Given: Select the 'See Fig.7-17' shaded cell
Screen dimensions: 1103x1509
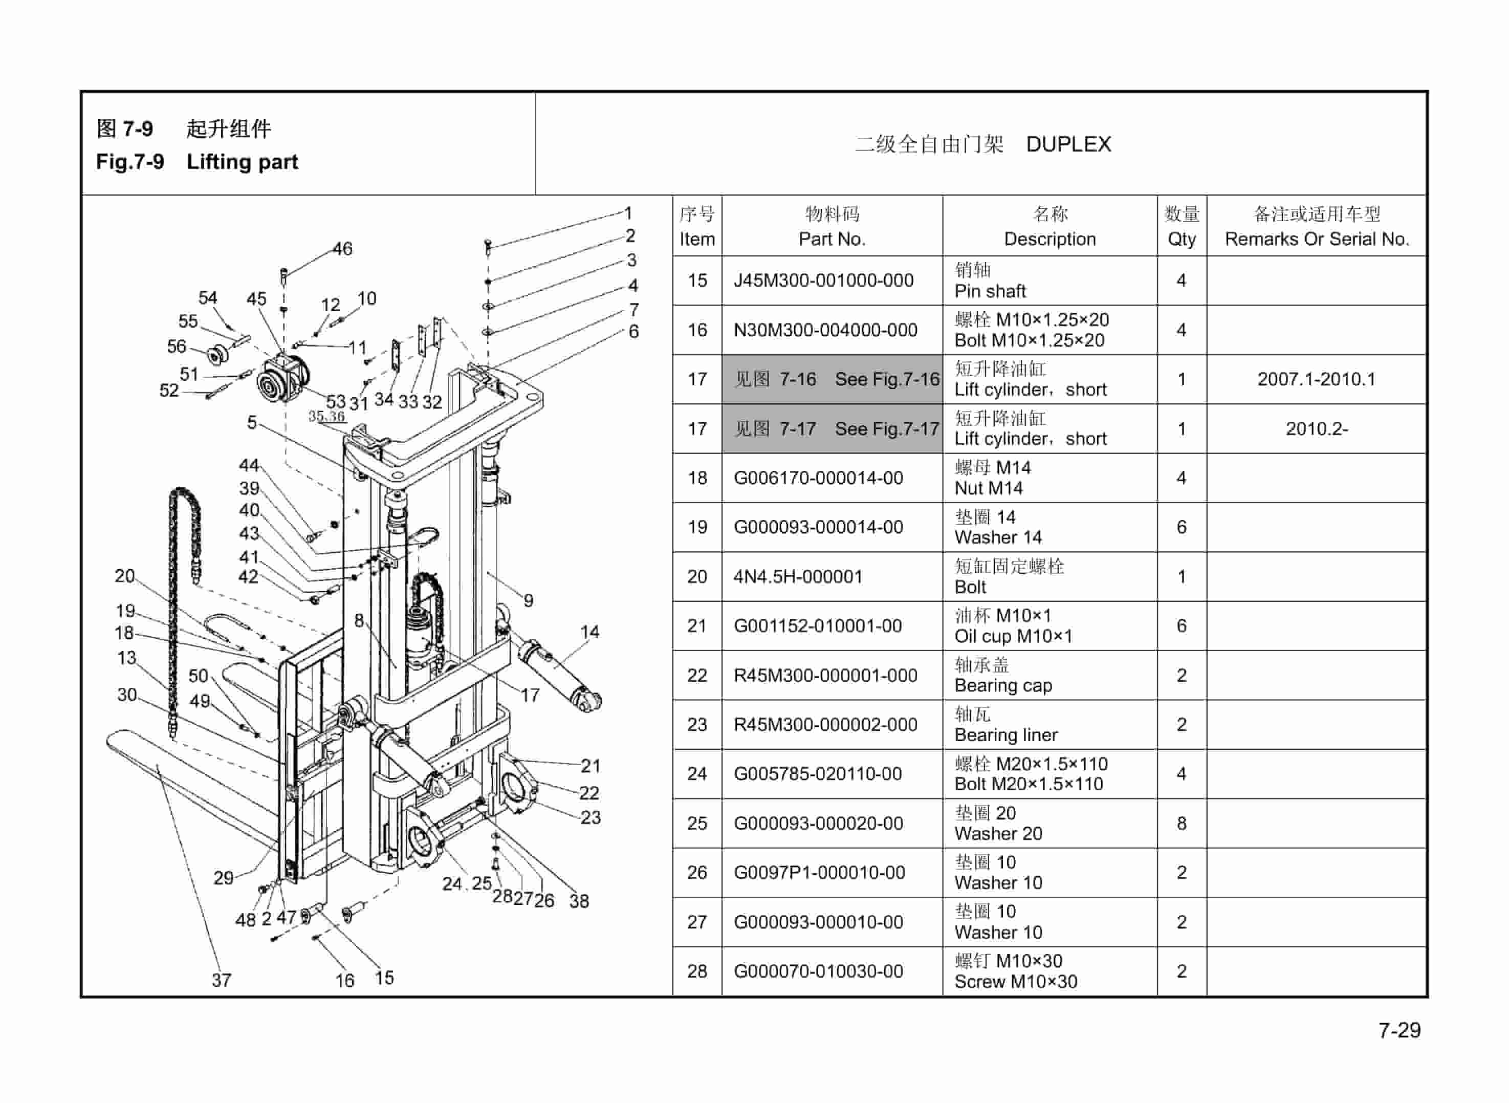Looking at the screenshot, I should pos(832,428).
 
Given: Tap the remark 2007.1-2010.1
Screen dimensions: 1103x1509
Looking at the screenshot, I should pos(1316,379).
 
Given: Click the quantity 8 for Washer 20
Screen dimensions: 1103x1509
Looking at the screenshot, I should pos(1182,823).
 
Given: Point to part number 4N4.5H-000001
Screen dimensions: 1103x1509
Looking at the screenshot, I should pos(798,577).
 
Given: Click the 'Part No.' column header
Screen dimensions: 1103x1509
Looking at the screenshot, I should pos(832,239).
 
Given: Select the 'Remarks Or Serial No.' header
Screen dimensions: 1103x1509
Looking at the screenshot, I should pos(1316,239).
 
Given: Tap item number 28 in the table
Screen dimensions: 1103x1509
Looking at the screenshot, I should pos(697,971).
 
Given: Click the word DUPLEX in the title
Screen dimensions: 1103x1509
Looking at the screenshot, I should pos(1068,144).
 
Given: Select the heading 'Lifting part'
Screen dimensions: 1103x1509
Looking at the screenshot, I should pos(242,162).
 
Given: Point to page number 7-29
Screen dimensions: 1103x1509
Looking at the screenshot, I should pos(1399,1030).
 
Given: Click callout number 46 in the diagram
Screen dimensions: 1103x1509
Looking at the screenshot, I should pos(342,249).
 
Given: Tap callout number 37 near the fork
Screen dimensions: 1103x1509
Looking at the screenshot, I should pos(222,980).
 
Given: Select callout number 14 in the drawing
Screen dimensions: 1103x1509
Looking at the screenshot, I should pos(589,632).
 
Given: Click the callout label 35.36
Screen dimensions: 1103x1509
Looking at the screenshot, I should pos(326,416).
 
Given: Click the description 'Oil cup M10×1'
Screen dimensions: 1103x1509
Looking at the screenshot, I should pos(1013,636).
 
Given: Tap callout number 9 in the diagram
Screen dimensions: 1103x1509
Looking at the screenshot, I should pos(528,600).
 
